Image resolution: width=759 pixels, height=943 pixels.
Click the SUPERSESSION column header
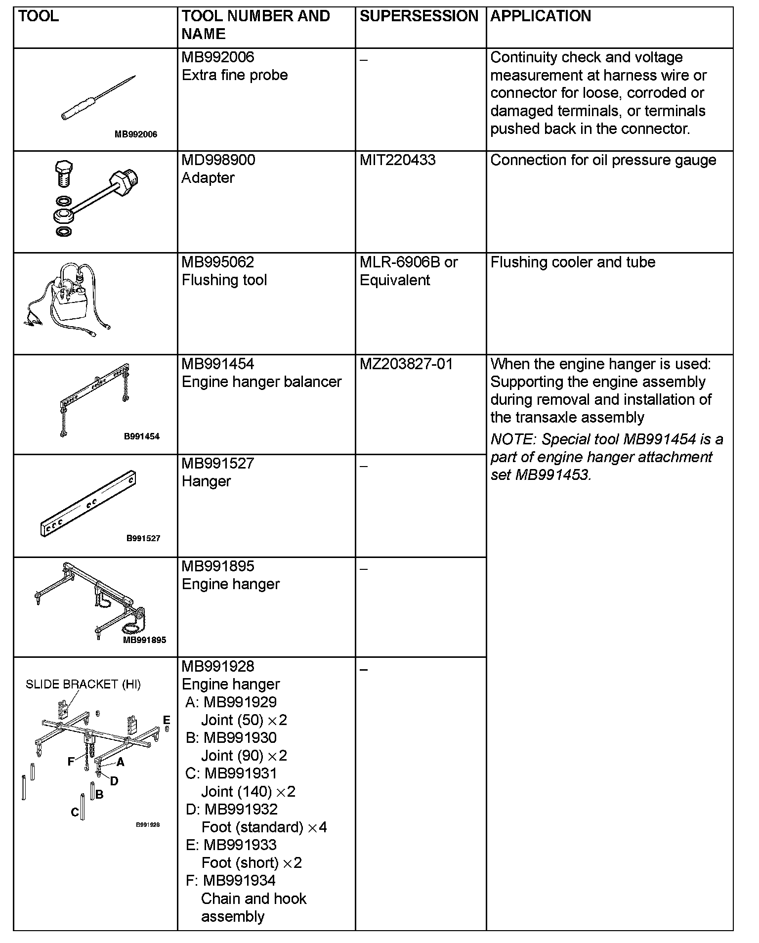click(419, 16)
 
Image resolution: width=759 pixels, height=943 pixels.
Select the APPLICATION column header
click(541, 16)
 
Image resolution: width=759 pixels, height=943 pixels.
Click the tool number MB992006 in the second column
click(218, 57)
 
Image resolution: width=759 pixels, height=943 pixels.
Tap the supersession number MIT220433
click(397, 160)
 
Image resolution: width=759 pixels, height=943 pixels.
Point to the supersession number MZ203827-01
click(406, 364)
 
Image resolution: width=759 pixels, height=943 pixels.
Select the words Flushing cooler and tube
click(573, 262)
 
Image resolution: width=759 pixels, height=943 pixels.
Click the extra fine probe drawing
click(99, 97)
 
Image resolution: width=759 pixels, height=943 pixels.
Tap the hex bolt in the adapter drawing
click(63, 172)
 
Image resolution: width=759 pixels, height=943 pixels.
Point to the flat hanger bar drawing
click(87, 503)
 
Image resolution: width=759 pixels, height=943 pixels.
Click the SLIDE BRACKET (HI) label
click(83, 685)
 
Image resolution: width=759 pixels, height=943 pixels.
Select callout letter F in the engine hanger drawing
click(71, 762)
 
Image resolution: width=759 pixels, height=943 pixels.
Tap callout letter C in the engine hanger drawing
click(75, 812)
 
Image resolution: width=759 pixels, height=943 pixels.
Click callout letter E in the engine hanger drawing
click(167, 720)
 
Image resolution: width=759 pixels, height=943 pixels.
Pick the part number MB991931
click(241, 773)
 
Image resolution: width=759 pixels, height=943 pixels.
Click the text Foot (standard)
click(253, 827)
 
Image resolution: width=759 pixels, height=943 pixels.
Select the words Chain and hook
click(253, 899)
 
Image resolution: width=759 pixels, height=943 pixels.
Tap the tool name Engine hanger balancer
click(261, 382)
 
